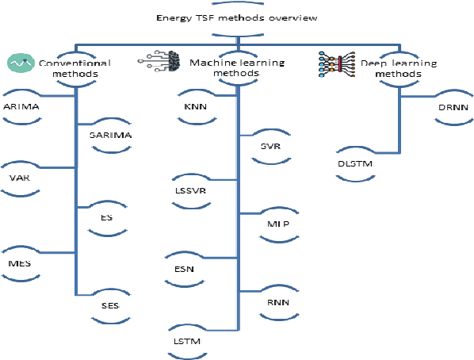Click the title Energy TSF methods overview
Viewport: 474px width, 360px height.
pyautogui.click(x=236, y=18)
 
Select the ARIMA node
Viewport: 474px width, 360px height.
pyautogui.click(x=22, y=105)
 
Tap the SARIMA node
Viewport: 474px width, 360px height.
pyautogui.click(x=110, y=135)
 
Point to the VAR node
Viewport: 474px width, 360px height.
pyautogui.click(x=19, y=178)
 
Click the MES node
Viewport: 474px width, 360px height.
pyautogui.click(x=19, y=263)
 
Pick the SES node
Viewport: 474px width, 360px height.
pyautogui.click(x=110, y=305)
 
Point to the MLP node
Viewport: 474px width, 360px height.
pyautogui.click(x=278, y=225)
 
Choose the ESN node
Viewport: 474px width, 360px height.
pyautogui.click(x=185, y=268)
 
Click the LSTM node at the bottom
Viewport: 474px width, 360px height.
pyautogui.click(x=187, y=340)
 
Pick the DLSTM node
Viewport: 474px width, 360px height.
pyautogui.click(x=354, y=164)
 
